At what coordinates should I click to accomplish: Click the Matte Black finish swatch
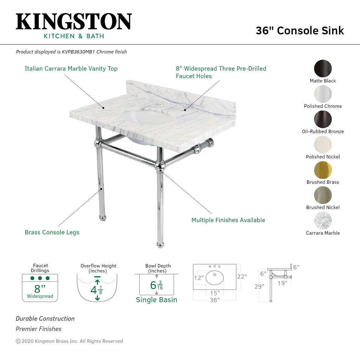click(x=323, y=68)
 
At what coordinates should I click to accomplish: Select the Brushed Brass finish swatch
click(x=323, y=170)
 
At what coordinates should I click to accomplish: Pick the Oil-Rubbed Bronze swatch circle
click(x=323, y=119)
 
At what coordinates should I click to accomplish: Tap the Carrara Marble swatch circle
click(x=323, y=221)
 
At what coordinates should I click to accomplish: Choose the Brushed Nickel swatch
click(x=323, y=195)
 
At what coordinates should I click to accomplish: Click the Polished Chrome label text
click(x=323, y=106)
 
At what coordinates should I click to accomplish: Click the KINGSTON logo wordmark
click(x=74, y=22)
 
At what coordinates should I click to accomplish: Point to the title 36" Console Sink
click(x=300, y=31)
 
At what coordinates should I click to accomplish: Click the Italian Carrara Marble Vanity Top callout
click(x=71, y=69)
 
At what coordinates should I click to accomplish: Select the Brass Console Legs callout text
click(x=52, y=232)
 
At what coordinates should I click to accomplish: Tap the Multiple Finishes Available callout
click(x=228, y=220)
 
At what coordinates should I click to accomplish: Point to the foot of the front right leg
click(x=160, y=244)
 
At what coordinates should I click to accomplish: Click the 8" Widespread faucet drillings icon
click(x=40, y=288)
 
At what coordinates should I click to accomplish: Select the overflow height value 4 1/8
click(x=97, y=290)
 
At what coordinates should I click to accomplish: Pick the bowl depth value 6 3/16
click(x=157, y=285)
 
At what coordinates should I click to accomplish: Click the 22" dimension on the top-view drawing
click(x=242, y=277)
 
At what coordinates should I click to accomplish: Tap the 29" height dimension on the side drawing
click(x=259, y=287)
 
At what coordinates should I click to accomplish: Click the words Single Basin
click(x=157, y=300)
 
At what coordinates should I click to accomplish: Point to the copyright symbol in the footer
click(x=18, y=341)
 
